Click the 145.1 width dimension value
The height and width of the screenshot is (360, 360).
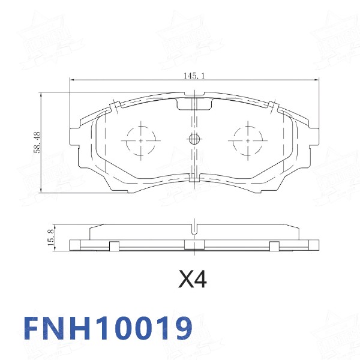coord(194,76)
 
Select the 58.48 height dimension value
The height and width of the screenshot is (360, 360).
coord(37,142)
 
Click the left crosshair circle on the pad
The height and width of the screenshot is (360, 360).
coord(141,140)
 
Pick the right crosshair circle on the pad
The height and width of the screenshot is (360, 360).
coord(246,140)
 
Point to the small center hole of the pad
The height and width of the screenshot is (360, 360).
coord(194,140)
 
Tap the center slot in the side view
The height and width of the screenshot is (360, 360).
coord(193,228)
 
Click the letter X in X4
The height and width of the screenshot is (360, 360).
coord(186,279)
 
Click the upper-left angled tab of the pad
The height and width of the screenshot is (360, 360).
coord(113,107)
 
